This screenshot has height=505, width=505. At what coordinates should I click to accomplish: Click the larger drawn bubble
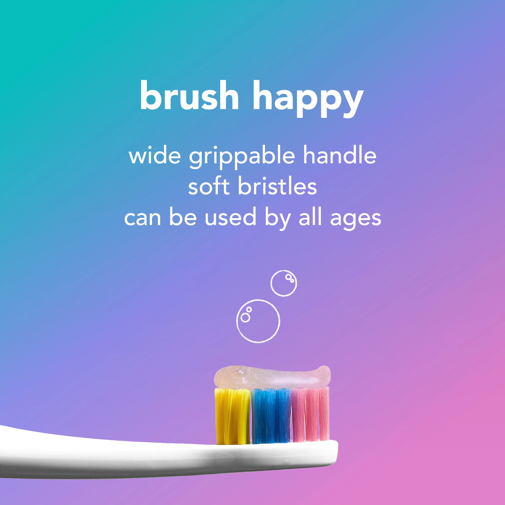(x=258, y=321)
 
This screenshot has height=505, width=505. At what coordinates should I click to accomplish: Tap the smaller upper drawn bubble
(x=284, y=283)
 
